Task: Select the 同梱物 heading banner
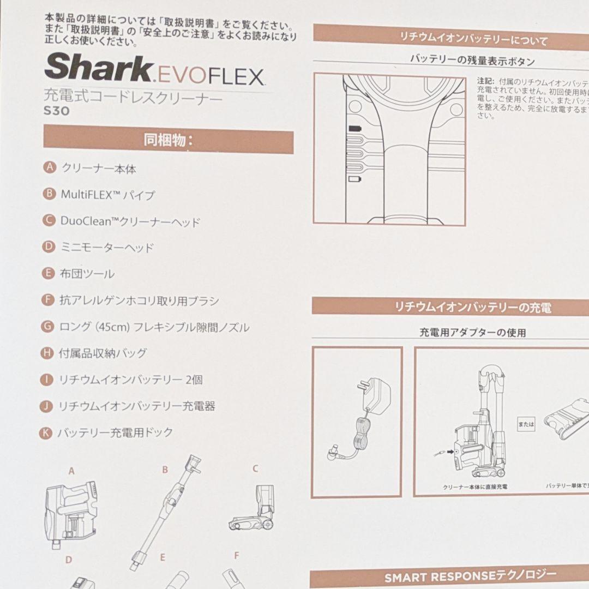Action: pyautogui.click(x=168, y=140)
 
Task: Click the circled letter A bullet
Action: pyautogui.click(x=50, y=167)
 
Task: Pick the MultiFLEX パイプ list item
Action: pyautogui.click(x=108, y=194)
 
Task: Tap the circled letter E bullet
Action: pyautogui.click(x=49, y=273)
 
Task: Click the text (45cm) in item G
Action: pyautogui.click(x=110, y=327)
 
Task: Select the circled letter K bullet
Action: pyautogui.click(x=46, y=433)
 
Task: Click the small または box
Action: pyautogui.click(x=526, y=423)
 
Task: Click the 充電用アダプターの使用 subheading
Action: pyautogui.click(x=472, y=332)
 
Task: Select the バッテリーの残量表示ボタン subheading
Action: pyautogui.click(x=472, y=61)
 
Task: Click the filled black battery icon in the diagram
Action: pyautogui.click(x=355, y=128)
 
